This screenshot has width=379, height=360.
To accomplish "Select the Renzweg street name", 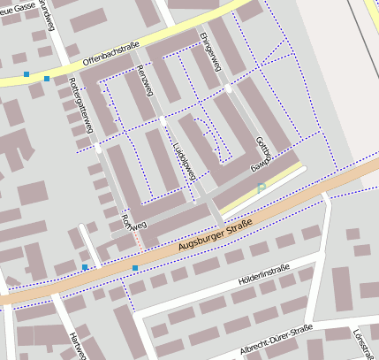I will pyautogui.click(x=140, y=86).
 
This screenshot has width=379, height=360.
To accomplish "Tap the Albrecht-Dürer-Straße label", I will pyautogui.click(x=276, y=341).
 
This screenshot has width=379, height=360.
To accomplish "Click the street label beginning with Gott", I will pyautogui.click(x=261, y=152).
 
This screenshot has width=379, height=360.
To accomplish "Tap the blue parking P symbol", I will pyautogui.click(x=262, y=188).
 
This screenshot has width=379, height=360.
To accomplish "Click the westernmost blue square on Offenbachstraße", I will pyautogui.click(x=27, y=74).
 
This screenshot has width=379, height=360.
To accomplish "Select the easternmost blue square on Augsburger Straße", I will pyautogui.click(x=135, y=267).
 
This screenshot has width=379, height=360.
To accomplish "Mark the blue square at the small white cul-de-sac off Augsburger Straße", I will pyautogui.click(x=85, y=267).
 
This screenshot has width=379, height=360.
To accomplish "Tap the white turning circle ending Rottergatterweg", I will pyautogui.click(x=98, y=150).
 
